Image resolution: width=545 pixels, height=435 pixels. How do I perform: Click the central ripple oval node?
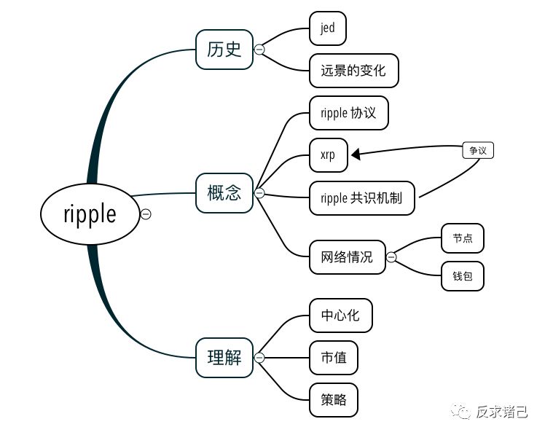89,213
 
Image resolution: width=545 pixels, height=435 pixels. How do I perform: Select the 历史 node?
224,50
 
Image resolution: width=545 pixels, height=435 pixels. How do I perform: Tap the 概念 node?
224,193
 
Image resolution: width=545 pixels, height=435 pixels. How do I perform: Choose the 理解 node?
224,358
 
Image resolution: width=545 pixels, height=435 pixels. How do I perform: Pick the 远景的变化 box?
353,71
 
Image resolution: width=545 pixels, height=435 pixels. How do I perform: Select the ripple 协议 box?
348,114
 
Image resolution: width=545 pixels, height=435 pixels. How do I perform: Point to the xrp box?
328,154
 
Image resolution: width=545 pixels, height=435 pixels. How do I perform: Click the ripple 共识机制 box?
362,197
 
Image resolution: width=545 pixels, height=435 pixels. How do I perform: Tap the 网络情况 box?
347,256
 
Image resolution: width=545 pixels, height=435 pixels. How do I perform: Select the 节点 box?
462,238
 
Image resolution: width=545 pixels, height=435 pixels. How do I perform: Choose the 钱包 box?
462,276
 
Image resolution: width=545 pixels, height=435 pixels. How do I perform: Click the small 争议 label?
478,151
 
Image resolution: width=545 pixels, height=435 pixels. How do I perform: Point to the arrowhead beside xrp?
356,154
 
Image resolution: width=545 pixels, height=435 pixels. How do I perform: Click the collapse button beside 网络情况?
391,256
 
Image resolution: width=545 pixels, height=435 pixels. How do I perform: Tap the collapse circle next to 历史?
259,50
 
